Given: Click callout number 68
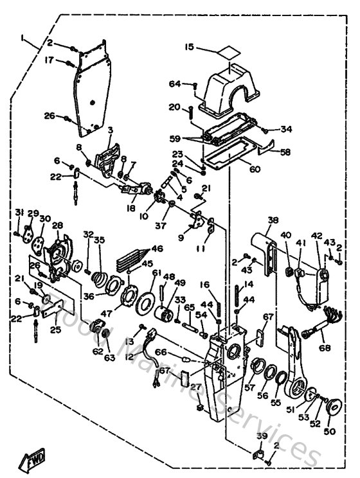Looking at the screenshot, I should pyautogui.click(x=323, y=348).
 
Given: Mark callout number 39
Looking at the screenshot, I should pyautogui.click(x=260, y=436).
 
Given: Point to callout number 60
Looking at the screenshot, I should pyautogui.click(x=237, y=170).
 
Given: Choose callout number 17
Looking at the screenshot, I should pyautogui.click(x=49, y=61).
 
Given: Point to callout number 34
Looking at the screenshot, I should pyautogui.click(x=286, y=129).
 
